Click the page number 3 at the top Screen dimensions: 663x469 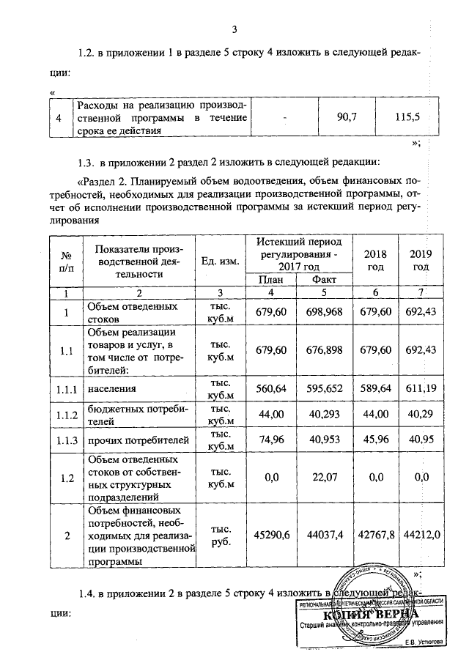click(234, 30)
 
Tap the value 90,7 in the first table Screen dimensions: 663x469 click(347, 116)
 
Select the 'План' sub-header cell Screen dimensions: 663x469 click(270, 280)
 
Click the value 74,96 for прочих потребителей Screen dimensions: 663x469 click(270, 440)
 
